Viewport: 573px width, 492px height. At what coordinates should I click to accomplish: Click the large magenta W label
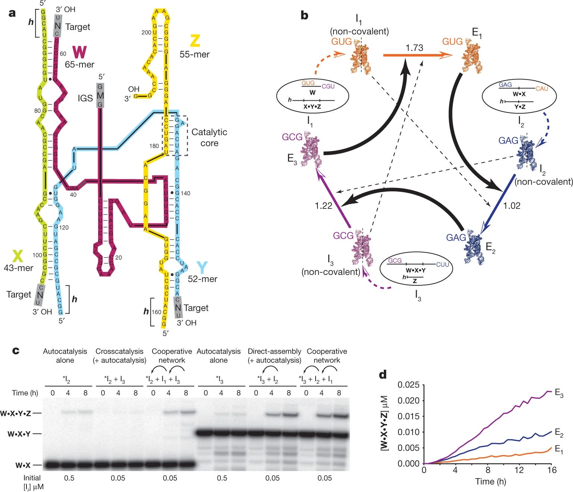[80, 52]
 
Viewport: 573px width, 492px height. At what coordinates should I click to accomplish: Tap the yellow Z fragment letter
[195, 41]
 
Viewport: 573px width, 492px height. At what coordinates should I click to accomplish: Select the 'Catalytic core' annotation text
[209, 137]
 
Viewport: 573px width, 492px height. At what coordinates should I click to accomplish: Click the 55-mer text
[194, 54]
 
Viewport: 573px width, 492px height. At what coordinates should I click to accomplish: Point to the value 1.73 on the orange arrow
[414, 48]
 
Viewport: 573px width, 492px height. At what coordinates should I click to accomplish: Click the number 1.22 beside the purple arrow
[323, 206]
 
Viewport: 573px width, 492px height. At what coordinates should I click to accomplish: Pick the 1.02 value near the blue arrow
[511, 206]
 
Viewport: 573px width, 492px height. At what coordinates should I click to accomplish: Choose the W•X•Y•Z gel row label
[21, 413]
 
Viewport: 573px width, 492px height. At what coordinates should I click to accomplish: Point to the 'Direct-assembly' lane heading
[274, 351]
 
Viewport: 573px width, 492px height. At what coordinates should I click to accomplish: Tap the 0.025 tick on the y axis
[408, 385]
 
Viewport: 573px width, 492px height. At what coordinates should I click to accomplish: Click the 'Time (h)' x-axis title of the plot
[490, 482]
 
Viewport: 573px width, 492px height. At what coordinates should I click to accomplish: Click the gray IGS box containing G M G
[100, 95]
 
